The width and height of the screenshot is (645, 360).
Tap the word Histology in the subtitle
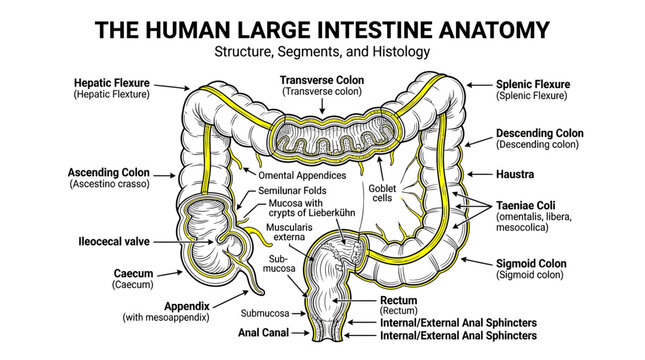pyautogui.click(x=401, y=52)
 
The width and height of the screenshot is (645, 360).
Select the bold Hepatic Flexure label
pyautogui.click(x=111, y=83)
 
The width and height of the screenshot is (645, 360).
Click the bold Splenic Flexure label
pyautogui.click(x=533, y=84)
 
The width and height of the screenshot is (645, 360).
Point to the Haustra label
pyautogui.click(x=515, y=174)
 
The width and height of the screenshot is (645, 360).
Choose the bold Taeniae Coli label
pyautogui.click(x=525, y=205)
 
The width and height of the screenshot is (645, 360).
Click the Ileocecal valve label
pyautogui.click(x=114, y=242)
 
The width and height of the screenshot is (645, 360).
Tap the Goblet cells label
pyautogui.click(x=382, y=193)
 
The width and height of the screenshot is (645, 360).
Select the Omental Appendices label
pyautogui.click(x=302, y=175)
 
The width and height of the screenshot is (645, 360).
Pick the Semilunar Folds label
pyautogui.click(x=292, y=190)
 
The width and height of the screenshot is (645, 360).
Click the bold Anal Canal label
pyautogui.click(x=263, y=332)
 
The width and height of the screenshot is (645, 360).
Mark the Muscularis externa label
pyautogui.click(x=289, y=232)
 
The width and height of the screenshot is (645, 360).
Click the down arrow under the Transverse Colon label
pyautogui.click(x=322, y=106)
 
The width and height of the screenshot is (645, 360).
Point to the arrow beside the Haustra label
pyautogui.click(x=480, y=174)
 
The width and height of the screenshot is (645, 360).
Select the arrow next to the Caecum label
pyautogui.click(x=169, y=274)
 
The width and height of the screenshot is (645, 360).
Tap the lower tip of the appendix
pyautogui.click(x=261, y=294)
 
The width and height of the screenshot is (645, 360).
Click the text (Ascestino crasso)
pyautogui.click(x=109, y=184)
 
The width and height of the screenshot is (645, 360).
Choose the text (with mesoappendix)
pyautogui.click(x=166, y=317)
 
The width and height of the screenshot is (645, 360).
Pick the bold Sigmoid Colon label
pyautogui.click(x=531, y=263)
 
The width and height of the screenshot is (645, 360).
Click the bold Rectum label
pyautogui.click(x=398, y=300)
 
